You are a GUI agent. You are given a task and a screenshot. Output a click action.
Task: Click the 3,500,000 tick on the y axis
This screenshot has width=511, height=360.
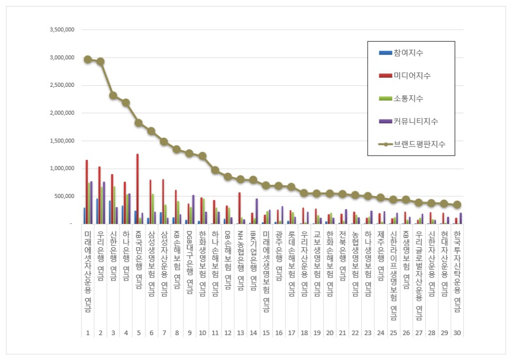point(61,30)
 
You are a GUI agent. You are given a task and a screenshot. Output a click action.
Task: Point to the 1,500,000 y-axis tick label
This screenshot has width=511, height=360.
point(61,141)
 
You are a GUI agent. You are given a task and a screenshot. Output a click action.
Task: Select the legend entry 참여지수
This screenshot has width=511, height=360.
point(408,53)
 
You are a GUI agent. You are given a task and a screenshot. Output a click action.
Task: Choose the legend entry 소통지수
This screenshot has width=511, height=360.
point(408,98)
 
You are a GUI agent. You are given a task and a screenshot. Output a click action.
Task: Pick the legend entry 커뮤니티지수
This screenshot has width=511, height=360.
point(415,121)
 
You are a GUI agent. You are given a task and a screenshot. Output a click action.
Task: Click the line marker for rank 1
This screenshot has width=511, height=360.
point(88,59)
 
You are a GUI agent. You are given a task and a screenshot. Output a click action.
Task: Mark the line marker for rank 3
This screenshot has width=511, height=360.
point(113,95)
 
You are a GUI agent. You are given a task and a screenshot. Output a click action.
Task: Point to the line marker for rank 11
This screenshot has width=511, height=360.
point(215,170)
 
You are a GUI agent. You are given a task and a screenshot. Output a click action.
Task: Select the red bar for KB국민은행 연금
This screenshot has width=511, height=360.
point(138,188)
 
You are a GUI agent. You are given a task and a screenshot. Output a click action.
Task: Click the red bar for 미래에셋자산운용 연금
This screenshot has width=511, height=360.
point(87,192)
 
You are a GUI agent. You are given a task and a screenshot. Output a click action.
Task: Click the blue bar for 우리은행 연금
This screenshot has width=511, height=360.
point(97,211)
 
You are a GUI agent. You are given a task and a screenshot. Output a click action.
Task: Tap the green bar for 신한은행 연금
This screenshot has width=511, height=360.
point(114,205)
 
